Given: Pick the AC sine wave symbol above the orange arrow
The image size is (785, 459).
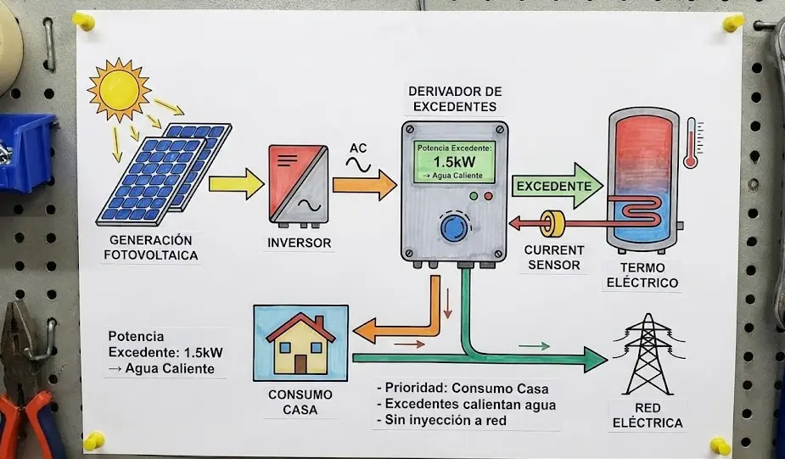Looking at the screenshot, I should coord(359,165).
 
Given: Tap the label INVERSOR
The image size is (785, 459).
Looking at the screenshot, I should coord(299,243).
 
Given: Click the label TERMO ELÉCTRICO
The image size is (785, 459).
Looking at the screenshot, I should coord(642,277).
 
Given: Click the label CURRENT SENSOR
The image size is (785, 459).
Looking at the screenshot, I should coord(554,258).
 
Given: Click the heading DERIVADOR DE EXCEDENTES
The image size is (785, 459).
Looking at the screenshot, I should coord(455,99).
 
